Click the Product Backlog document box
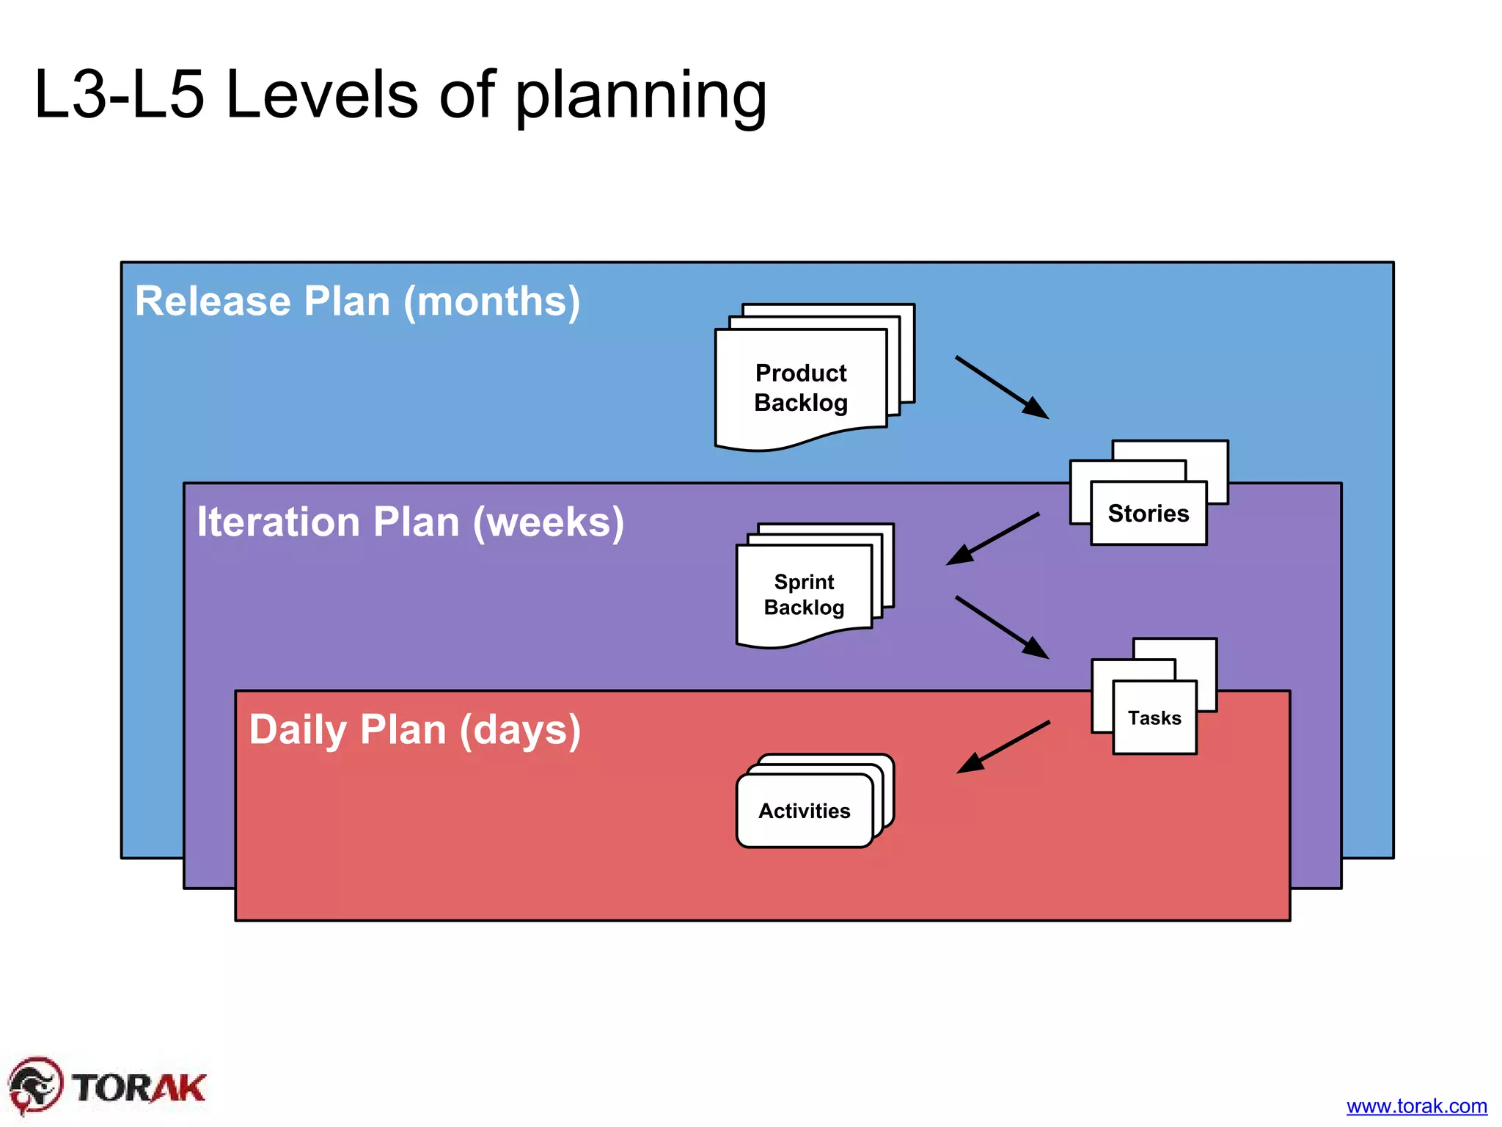(x=801, y=387)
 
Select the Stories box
(x=1149, y=513)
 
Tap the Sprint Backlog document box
(x=804, y=594)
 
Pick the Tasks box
(x=1154, y=718)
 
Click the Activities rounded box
(x=805, y=811)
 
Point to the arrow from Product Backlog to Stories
(x=1002, y=387)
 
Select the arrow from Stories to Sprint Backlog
(x=993, y=539)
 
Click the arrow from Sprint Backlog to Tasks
(x=1002, y=627)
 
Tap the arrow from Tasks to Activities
(x=1003, y=747)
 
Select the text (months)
(x=492, y=302)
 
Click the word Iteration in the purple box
(x=278, y=522)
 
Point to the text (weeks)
(x=549, y=523)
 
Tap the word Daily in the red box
(x=298, y=729)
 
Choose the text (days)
(x=520, y=731)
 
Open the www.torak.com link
(x=1416, y=1106)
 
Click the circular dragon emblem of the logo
(x=34, y=1085)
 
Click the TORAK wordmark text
(x=139, y=1087)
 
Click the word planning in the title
(x=640, y=97)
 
